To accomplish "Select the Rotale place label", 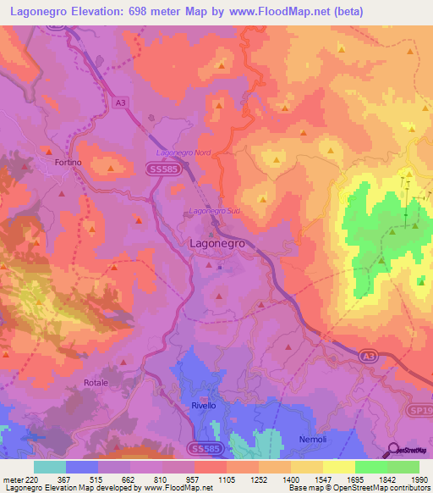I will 96,383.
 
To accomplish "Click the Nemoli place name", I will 313,439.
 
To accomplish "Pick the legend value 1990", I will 419,479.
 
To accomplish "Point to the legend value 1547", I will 322,479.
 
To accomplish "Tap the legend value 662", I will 129,479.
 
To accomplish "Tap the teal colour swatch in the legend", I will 49,467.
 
